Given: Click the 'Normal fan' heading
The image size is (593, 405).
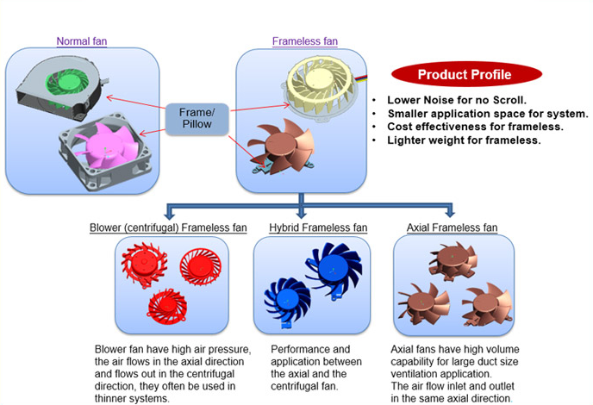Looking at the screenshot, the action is pos(82,40).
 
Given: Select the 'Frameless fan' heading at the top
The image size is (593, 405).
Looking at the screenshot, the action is pos(305,40).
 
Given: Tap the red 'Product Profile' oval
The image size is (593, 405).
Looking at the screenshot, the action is pos(466,74).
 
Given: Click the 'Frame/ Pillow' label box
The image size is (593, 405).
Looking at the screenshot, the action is pos(197,118).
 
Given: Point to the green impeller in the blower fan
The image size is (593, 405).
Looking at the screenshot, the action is pos(67,83).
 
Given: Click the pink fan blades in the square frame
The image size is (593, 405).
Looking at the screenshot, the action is pos(106,146).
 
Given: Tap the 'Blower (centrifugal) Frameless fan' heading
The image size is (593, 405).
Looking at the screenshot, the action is pos(168,227).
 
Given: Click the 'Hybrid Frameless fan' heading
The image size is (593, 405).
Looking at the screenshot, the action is pos(318,227).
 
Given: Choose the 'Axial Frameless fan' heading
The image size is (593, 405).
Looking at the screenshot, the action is pos(452,227).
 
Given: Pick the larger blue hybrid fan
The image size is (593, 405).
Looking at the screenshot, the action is pos(333,268).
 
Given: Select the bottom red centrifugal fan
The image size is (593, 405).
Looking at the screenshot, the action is pos(167,306).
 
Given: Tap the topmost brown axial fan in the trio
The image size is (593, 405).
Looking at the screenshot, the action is pos(453,260).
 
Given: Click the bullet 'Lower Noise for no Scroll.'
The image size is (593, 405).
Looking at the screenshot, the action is pos(457,100).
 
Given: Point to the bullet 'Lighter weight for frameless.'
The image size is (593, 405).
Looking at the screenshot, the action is pos(464,140).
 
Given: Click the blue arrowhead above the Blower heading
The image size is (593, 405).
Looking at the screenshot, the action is pos(170,214).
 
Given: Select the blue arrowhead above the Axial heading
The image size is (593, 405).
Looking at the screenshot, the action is pos(450,213).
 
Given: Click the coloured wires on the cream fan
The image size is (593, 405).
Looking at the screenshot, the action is pos(360,78).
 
